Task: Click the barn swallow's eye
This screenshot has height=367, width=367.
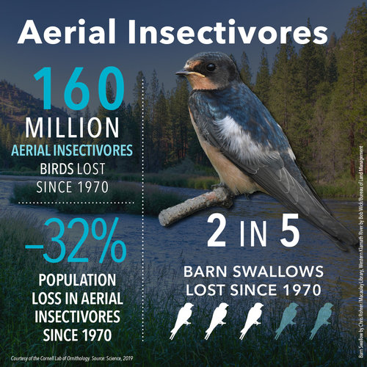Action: point(211,66)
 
